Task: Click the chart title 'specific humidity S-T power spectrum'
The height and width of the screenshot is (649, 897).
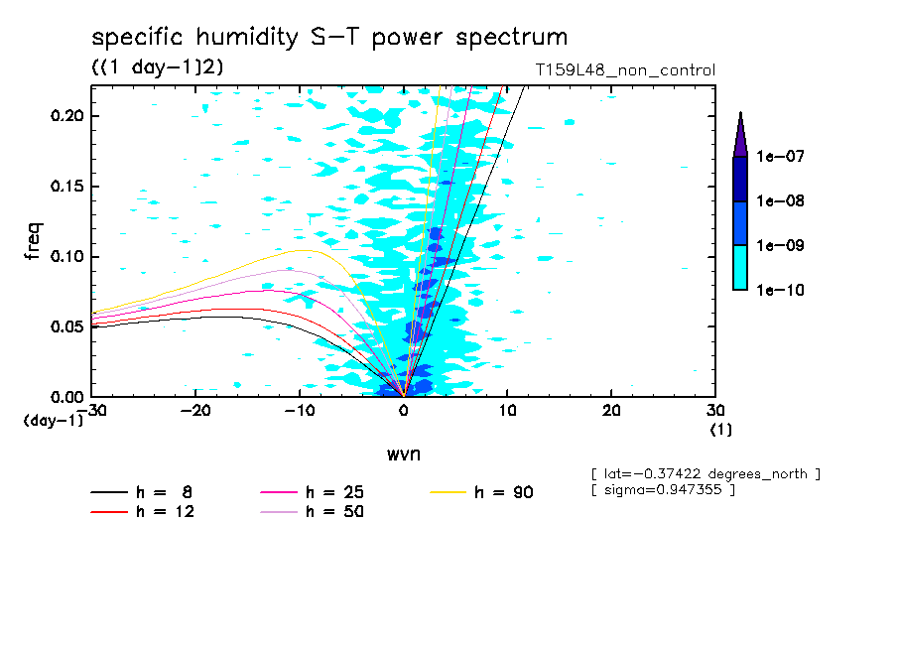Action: (x=329, y=38)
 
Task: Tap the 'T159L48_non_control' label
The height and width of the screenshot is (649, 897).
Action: (x=624, y=70)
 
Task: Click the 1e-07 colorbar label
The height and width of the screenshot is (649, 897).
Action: (x=781, y=157)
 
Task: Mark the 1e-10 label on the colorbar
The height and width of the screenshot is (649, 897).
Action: (x=781, y=290)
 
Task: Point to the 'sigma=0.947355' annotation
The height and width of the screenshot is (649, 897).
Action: (x=663, y=490)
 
